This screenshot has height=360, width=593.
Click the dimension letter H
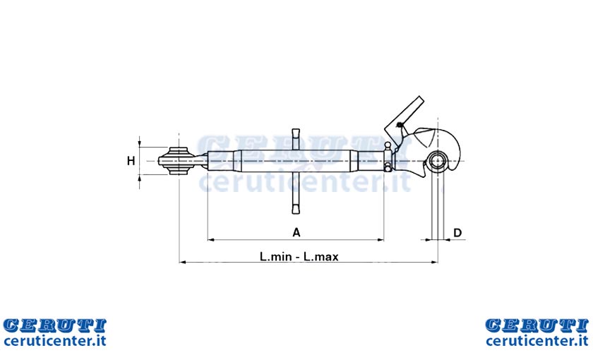pyautogui.click(x=131, y=161)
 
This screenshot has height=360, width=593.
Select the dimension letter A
pyautogui.click(x=296, y=232)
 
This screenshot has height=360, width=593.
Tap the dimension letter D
pyautogui.click(x=457, y=232)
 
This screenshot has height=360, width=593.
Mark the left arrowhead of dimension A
pyautogui.click(x=211, y=240)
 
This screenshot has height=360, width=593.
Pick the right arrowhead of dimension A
pyautogui.click(x=381, y=240)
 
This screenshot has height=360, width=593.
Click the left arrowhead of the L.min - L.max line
pyautogui.click(x=183, y=262)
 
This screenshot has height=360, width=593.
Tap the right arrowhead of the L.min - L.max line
pyautogui.click(x=434, y=262)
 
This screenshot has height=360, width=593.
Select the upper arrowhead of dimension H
pyautogui.click(x=140, y=144)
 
